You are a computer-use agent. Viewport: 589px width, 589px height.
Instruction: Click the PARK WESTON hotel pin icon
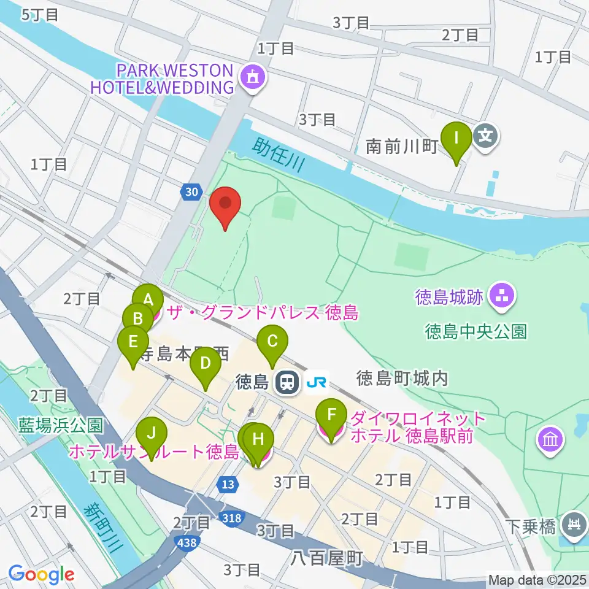click(252, 77)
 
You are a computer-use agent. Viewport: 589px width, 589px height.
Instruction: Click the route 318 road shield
click(232, 519)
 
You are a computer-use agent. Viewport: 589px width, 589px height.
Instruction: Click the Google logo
click(41, 575)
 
